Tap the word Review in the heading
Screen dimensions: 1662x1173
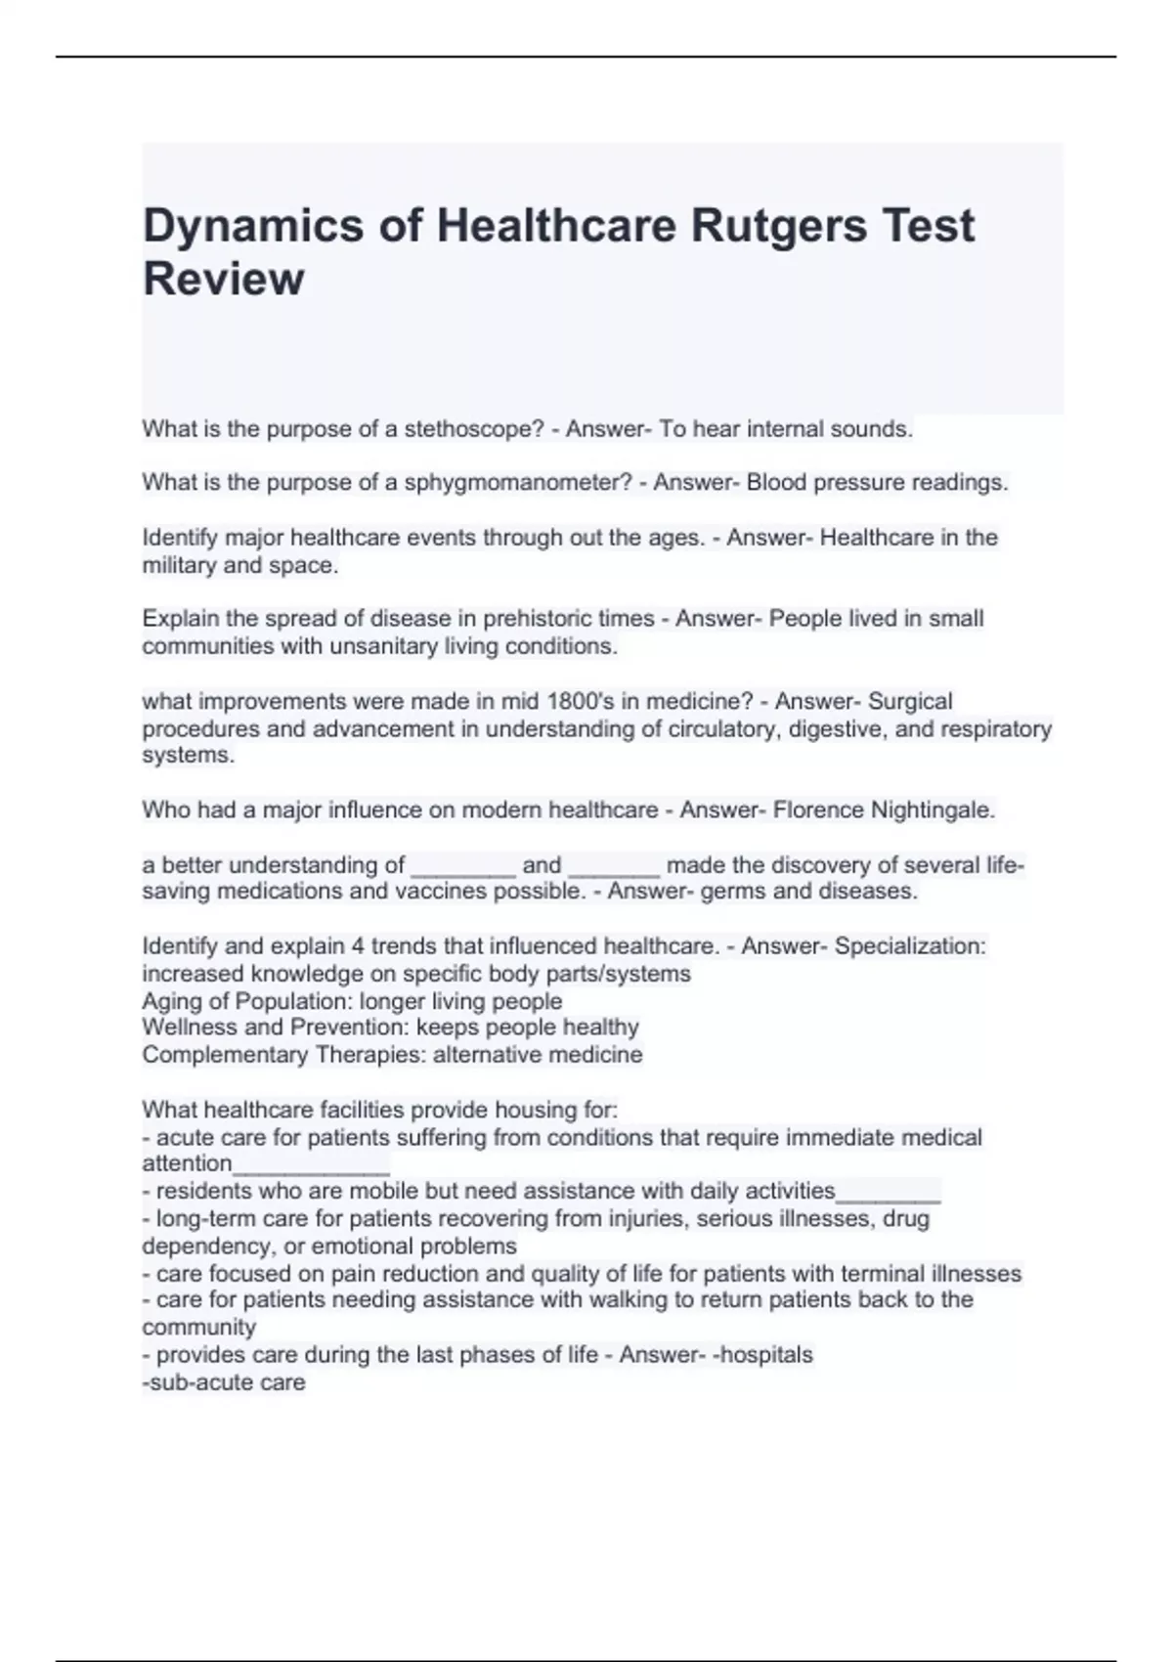pos(224,280)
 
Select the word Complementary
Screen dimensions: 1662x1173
pos(225,1055)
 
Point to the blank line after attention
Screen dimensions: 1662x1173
pos(311,1164)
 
